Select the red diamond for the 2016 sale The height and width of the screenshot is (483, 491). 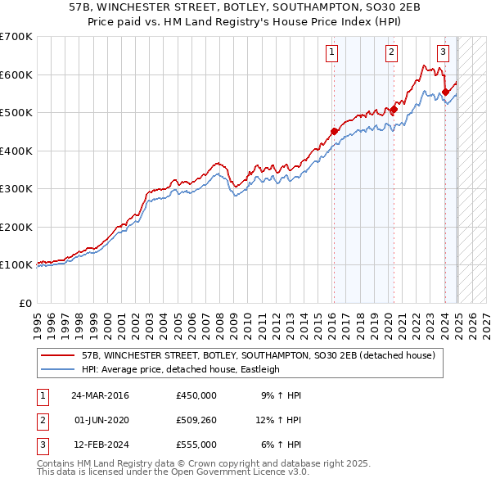click(x=334, y=131)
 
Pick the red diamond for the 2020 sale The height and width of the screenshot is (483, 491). click(x=394, y=109)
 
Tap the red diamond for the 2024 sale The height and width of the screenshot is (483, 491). click(x=445, y=92)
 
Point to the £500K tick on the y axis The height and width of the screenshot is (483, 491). click(x=16, y=112)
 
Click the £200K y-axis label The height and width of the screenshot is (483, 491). click(x=16, y=227)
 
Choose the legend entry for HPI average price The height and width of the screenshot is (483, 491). click(x=180, y=369)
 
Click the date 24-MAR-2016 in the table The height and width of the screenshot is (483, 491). click(x=99, y=395)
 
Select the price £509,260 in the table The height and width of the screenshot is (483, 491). click(x=196, y=420)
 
